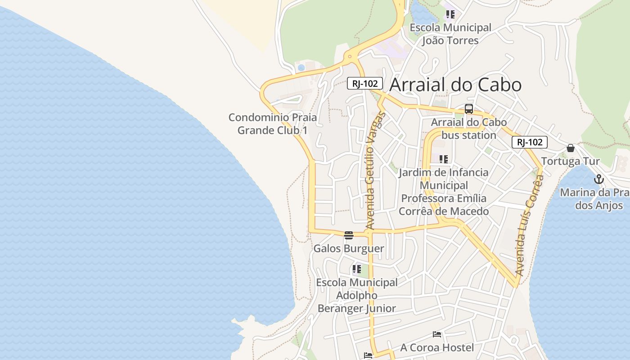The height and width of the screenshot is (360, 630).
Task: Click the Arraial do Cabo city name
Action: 455,85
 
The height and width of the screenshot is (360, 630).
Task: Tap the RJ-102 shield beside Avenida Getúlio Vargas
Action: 364,83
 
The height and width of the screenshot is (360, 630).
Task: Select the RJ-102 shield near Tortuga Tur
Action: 530,142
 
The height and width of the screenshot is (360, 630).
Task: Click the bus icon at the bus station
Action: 469,109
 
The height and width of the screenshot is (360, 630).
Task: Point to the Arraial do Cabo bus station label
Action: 468,129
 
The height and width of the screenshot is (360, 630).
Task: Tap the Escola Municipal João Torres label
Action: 450,34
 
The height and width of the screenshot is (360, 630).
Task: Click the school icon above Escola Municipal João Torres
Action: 450,14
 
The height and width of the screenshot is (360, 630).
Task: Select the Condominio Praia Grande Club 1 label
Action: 273,124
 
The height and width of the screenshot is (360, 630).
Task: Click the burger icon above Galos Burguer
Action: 349,235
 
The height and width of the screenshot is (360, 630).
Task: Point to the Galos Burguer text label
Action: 349,248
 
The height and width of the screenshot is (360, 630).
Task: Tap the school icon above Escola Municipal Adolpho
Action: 357,269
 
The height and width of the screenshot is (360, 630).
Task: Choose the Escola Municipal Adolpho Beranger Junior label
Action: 357,295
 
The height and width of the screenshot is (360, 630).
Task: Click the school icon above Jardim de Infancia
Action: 444,159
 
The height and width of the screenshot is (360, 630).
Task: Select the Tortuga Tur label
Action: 570,161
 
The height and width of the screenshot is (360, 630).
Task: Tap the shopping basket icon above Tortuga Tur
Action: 571,148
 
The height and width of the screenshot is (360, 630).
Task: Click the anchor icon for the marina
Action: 598,180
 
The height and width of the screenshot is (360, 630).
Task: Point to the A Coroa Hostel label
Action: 437,347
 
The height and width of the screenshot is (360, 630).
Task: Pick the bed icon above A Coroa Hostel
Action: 437,334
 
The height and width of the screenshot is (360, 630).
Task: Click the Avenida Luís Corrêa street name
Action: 530,225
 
